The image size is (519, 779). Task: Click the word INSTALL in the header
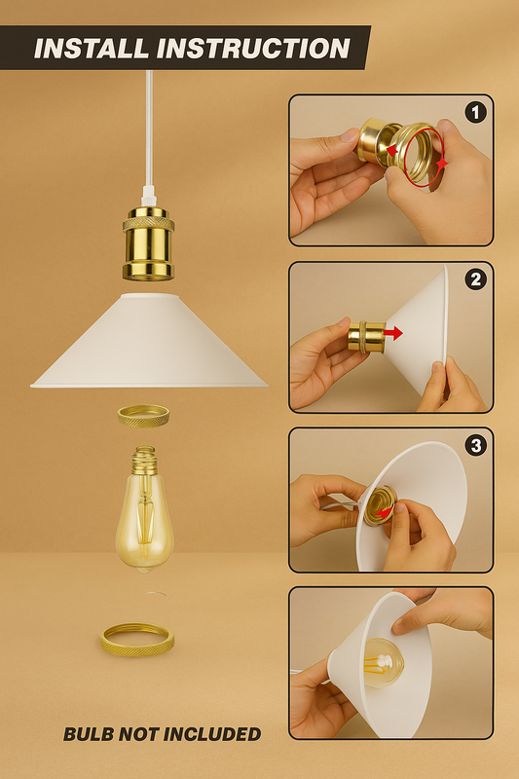click(x=91, y=48)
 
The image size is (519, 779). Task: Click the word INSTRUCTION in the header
click(x=254, y=48)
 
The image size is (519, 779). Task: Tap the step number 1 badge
click(x=475, y=113)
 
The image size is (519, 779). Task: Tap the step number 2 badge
click(x=475, y=279)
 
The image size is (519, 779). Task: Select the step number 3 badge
click(x=475, y=446)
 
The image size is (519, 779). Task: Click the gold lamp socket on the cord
click(x=149, y=243)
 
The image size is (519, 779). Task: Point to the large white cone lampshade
click(x=149, y=341)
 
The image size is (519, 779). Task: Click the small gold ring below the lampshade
click(x=143, y=416)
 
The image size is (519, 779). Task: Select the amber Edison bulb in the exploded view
click(x=144, y=509)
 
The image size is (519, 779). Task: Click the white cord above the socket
click(x=149, y=134)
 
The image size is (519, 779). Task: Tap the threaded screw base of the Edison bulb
click(x=144, y=460)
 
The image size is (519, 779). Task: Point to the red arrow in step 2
click(x=393, y=333)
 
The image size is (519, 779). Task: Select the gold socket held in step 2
click(x=366, y=337)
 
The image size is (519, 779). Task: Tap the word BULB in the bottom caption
click(x=89, y=734)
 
